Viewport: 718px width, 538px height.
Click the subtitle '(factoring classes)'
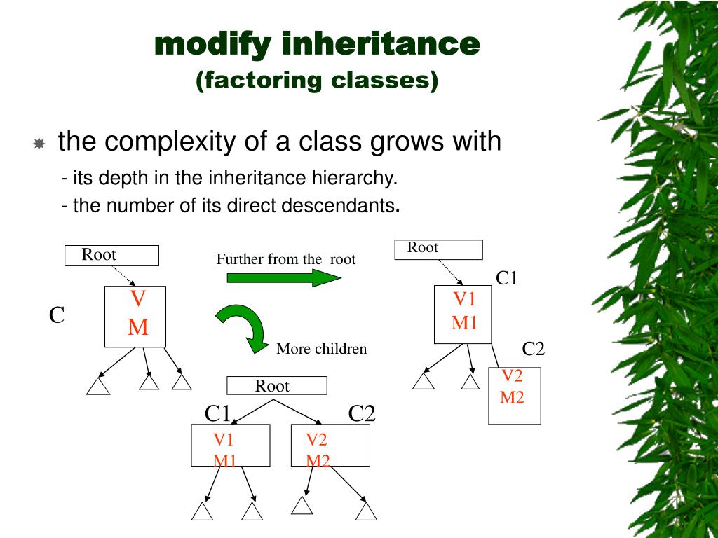(x=317, y=80)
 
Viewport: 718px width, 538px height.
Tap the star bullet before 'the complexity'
(x=39, y=144)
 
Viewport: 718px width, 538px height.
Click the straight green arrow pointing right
(x=283, y=277)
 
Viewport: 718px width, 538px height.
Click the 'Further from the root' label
(x=286, y=259)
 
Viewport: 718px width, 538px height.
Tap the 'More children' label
(x=321, y=349)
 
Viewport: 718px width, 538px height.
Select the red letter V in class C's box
(x=138, y=300)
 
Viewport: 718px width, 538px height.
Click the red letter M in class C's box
(x=138, y=327)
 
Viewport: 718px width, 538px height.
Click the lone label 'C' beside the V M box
(x=57, y=316)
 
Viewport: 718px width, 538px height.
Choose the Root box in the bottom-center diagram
(x=276, y=385)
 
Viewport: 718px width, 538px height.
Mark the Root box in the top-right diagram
(x=438, y=249)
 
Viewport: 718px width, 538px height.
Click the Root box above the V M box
(x=111, y=255)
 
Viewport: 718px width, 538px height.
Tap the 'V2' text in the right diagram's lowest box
(x=512, y=376)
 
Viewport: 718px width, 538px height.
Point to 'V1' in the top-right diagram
(x=464, y=300)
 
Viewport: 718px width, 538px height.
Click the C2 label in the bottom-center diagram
(x=362, y=414)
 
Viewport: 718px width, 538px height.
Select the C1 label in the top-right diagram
(x=506, y=278)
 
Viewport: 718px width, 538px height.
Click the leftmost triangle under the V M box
(x=98, y=386)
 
